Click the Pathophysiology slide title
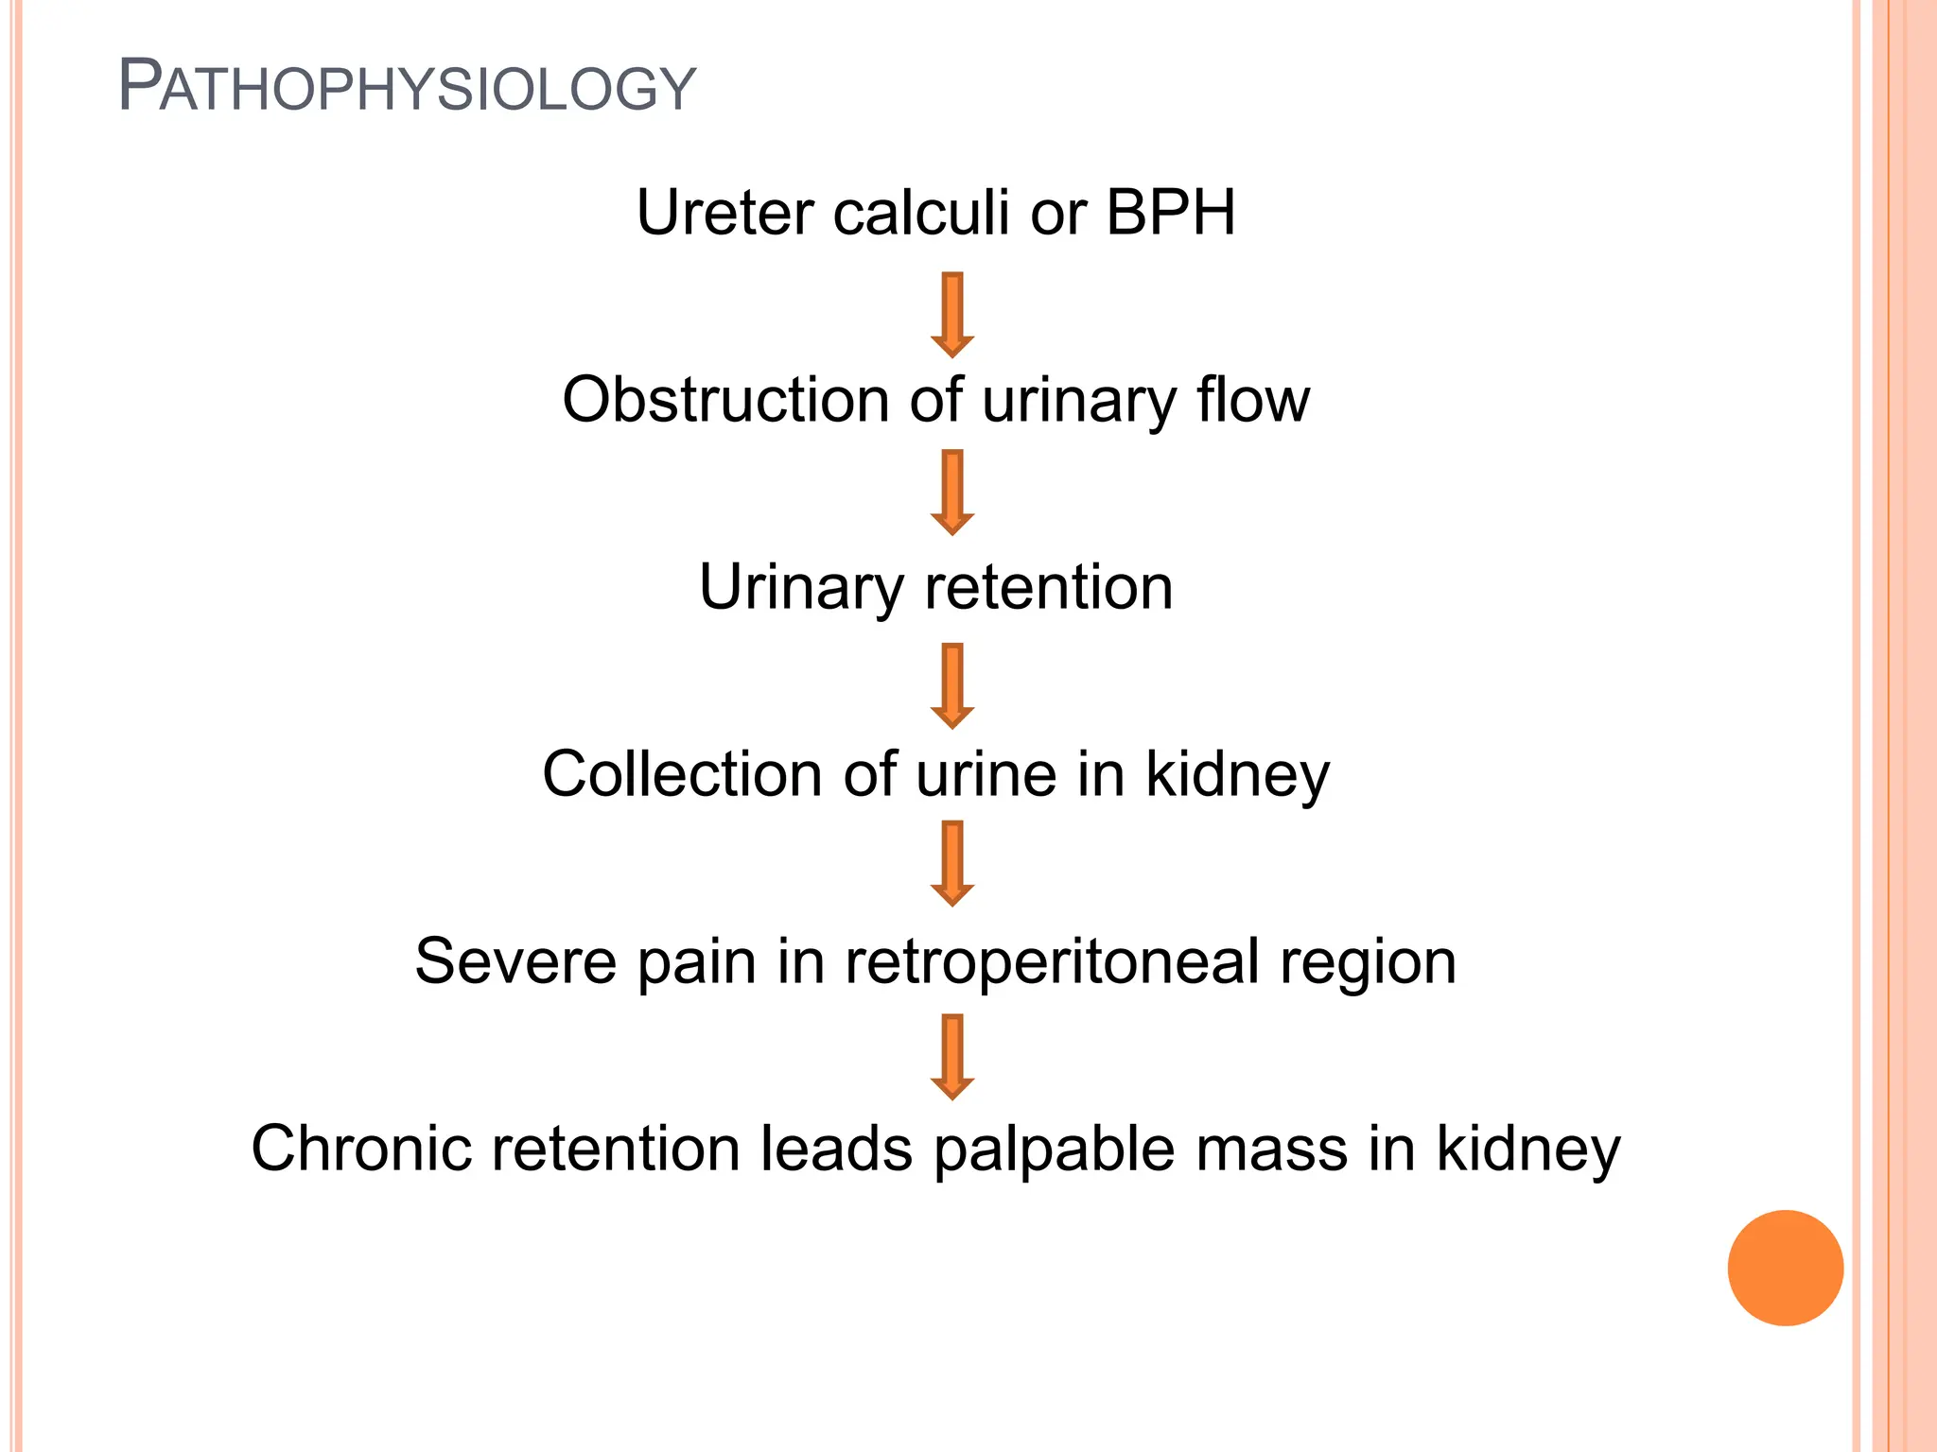[x=407, y=88]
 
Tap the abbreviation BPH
[x=1170, y=212]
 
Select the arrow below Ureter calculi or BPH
[x=952, y=315]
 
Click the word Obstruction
[x=724, y=400]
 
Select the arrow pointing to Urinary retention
[x=952, y=493]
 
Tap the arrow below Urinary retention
[x=952, y=685]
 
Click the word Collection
[x=682, y=774]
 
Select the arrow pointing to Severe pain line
[x=952, y=863]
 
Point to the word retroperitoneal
[x=1052, y=963]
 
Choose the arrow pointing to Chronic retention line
[x=952, y=1057]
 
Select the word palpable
[x=1053, y=1150]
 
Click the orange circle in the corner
[x=1785, y=1268]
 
